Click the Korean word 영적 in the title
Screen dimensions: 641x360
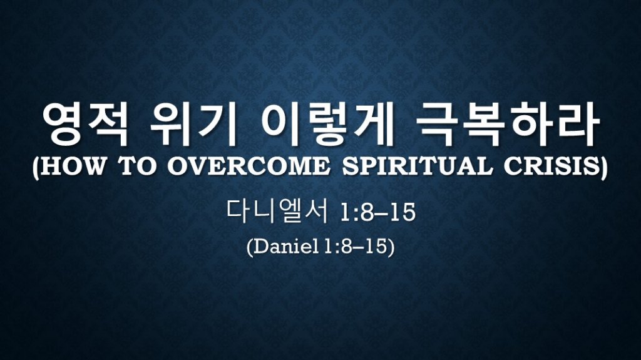coord(86,125)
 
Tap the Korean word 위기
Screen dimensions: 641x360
coord(193,125)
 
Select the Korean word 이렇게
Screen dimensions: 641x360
coord(326,125)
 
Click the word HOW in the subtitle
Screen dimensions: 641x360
coord(73,167)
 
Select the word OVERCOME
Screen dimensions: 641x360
coord(249,167)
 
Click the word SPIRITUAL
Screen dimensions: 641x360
coord(418,167)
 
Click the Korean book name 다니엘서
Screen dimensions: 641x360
coord(277,212)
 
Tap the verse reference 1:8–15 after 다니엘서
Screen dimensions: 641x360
coord(377,213)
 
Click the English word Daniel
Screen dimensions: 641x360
coord(286,247)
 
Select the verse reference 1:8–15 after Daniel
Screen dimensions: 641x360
coord(356,247)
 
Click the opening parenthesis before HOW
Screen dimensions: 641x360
coord(36,168)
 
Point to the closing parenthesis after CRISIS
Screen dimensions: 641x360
coord(604,168)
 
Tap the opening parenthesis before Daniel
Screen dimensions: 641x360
coord(250,247)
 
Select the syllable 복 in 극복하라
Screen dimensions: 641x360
coord(483,125)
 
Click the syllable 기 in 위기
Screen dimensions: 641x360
coord(216,125)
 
